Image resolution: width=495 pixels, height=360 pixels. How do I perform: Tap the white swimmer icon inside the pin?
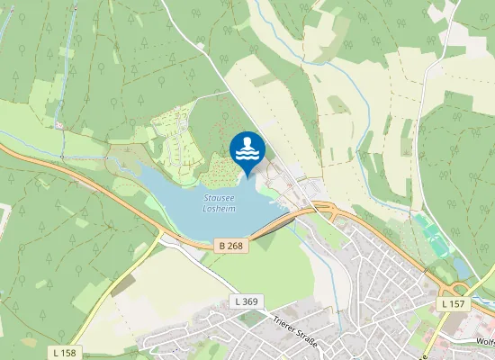247,148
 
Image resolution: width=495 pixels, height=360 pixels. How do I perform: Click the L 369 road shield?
245,301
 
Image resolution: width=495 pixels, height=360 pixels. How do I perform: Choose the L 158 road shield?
64,352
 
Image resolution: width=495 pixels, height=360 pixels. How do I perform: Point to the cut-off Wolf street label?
484,343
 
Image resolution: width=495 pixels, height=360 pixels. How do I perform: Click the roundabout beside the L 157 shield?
459,290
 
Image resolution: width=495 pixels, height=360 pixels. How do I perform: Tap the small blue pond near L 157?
462,268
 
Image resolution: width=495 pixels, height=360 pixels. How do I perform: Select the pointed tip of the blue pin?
247,175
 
